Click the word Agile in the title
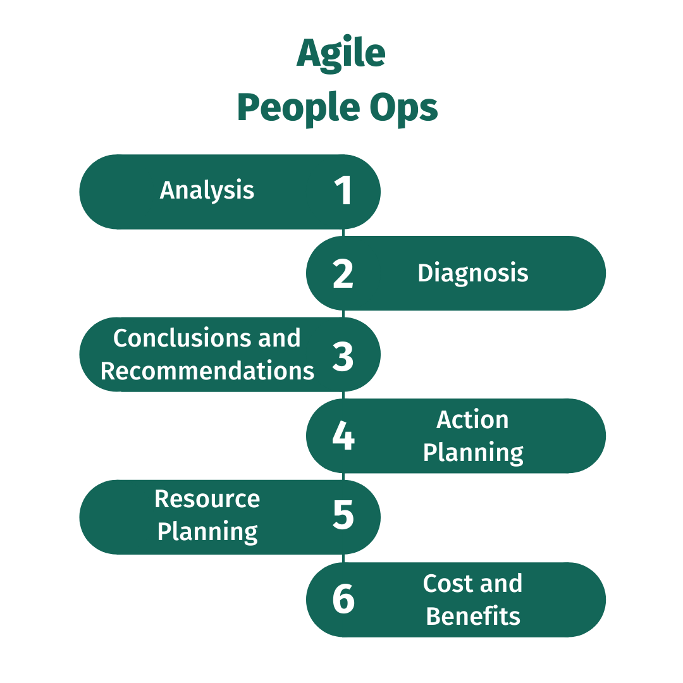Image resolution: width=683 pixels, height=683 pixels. click(x=341, y=53)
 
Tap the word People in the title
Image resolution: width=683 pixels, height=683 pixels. click(x=298, y=108)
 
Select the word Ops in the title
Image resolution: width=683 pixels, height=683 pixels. click(x=403, y=108)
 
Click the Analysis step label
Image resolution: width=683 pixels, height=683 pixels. click(x=207, y=191)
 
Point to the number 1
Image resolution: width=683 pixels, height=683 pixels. click(x=343, y=190)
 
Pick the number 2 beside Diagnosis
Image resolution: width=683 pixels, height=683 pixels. click(x=343, y=274)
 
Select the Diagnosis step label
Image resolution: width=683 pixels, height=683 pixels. click(x=473, y=274)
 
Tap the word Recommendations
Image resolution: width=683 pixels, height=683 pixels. click(x=207, y=371)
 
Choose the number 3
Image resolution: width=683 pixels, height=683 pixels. click(x=343, y=356)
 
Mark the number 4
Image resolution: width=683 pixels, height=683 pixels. click(x=343, y=436)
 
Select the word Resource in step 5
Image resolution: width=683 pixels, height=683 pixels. click(x=207, y=499)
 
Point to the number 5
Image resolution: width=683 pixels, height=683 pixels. click(x=343, y=514)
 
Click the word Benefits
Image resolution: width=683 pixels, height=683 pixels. click(x=473, y=616)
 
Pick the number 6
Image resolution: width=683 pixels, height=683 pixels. click(x=343, y=599)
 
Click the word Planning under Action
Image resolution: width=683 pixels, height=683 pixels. click(x=473, y=453)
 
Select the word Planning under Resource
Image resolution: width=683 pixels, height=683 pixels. click(x=207, y=532)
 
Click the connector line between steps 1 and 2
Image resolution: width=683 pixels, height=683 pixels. click(x=343, y=233)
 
